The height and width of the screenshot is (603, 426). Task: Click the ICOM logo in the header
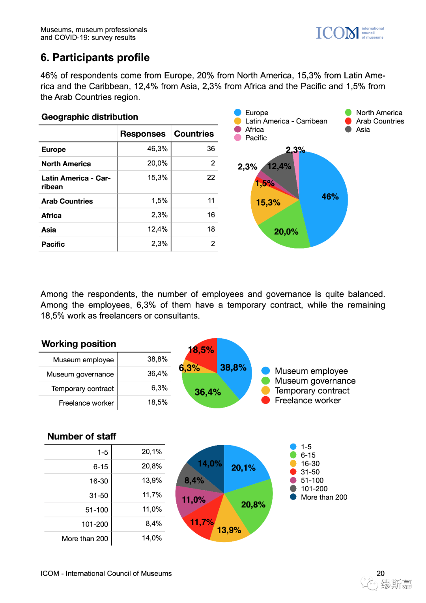click(349, 33)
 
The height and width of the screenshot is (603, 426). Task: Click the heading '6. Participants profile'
click(95, 58)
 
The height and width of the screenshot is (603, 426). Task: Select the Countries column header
click(194, 134)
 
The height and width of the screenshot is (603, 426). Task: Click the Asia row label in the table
click(49, 230)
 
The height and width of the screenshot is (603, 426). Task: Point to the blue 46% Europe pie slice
click(325, 201)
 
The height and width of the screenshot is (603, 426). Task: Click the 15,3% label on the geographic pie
click(268, 202)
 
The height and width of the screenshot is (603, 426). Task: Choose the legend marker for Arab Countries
click(348, 121)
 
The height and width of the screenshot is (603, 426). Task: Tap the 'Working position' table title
click(79, 344)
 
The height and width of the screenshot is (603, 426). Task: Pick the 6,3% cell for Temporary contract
click(159, 388)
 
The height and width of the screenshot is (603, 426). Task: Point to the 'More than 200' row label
click(85, 539)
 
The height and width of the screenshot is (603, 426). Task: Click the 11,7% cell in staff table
click(152, 495)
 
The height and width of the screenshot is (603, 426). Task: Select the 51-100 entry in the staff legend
click(312, 480)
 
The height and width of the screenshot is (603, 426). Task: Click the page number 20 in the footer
click(380, 573)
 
